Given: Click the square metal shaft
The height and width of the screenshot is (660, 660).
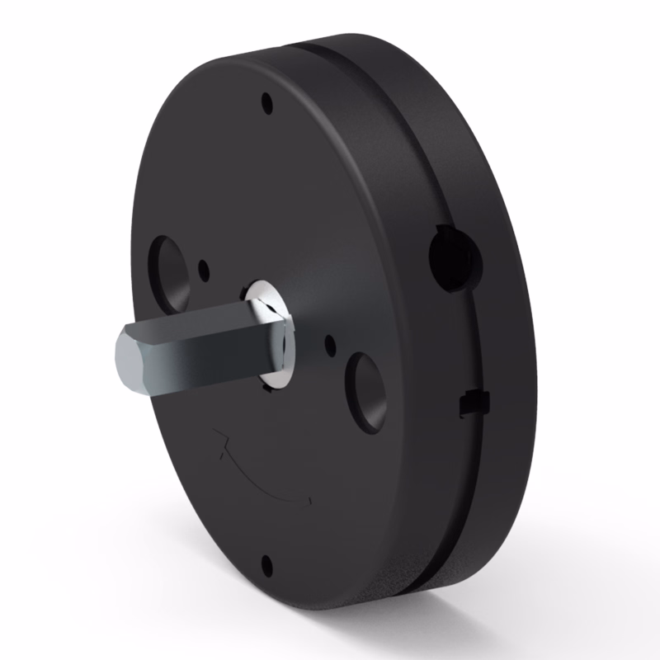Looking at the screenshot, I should (x=206, y=351).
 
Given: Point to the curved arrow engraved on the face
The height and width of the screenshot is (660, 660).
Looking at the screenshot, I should (x=264, y=478).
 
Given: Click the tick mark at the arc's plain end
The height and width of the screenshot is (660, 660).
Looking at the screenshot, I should (x=309, y=502).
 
